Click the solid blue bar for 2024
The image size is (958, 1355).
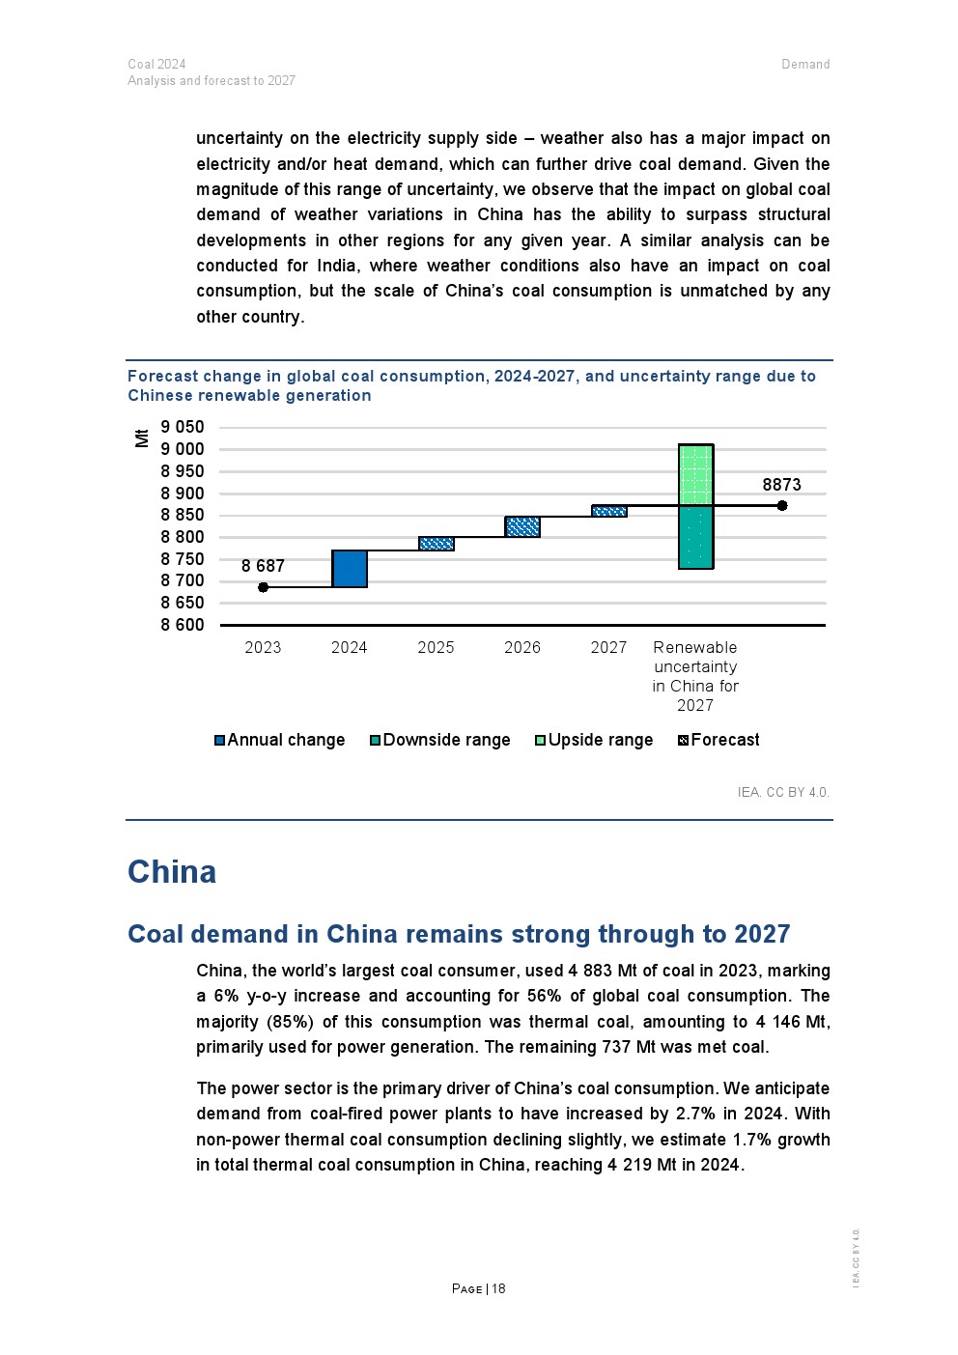350,569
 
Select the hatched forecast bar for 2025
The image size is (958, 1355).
437,544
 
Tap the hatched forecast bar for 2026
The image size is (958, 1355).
522,526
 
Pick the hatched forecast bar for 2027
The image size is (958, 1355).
609,511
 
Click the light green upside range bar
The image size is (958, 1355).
695,475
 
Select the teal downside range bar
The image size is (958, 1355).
695,537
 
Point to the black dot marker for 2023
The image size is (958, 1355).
264,587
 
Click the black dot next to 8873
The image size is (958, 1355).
782,505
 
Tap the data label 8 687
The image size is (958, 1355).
263,566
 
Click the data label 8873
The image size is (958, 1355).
781,485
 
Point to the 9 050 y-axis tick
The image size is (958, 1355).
183,427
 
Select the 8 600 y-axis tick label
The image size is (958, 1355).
183,625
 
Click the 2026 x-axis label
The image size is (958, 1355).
522,647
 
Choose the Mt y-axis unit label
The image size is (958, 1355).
142,438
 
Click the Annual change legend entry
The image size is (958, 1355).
280,740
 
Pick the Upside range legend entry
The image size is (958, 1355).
595,740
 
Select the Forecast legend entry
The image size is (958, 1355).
719,740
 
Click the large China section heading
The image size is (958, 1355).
172,872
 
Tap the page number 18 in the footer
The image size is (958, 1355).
498,1288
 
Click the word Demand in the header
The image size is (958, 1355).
805,65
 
